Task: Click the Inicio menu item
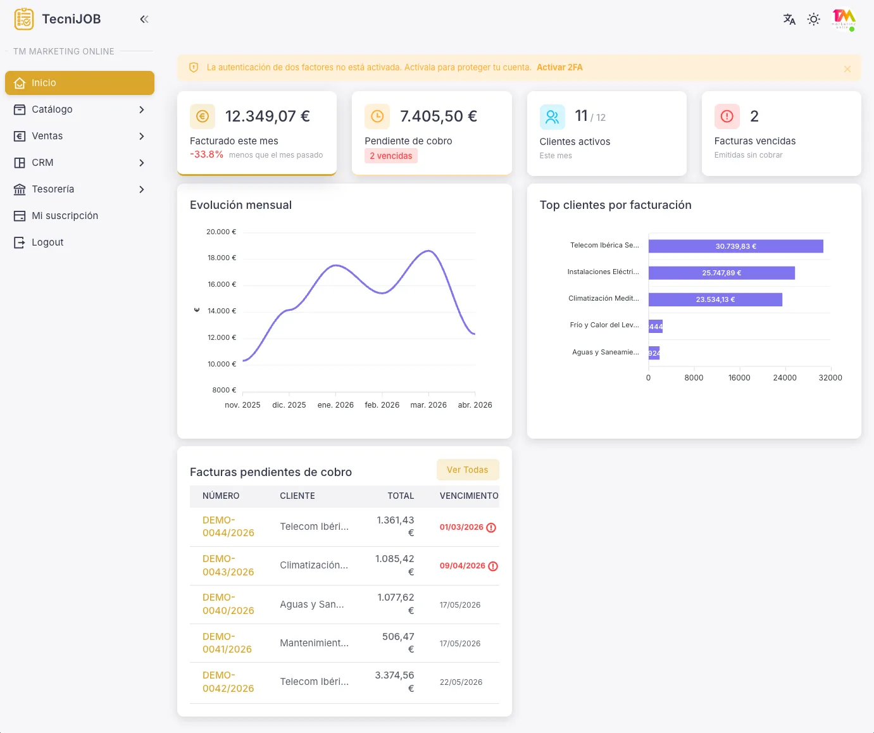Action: [79, 83]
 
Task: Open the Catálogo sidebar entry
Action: [79, 110]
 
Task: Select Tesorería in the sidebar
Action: [79, 189]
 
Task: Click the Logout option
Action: [47, 242]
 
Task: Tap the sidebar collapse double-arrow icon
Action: [144, 19]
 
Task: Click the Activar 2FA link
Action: [559, 67]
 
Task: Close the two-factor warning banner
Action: [847, 69]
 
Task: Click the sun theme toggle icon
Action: [814, 19]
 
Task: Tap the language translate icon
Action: [789, 19]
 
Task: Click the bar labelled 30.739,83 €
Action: [735, 246]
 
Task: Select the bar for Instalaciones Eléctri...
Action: [721, 273]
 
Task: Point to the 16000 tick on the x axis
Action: [739, 378]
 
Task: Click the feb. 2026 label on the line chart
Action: [382, 405]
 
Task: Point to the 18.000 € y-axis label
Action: [222, 258]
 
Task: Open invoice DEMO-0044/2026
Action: [228, 527]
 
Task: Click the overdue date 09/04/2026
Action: [463, 566]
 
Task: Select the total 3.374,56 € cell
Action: [395, 682]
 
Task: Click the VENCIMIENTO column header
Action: [469, 496]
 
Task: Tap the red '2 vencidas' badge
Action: [390, 156]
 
